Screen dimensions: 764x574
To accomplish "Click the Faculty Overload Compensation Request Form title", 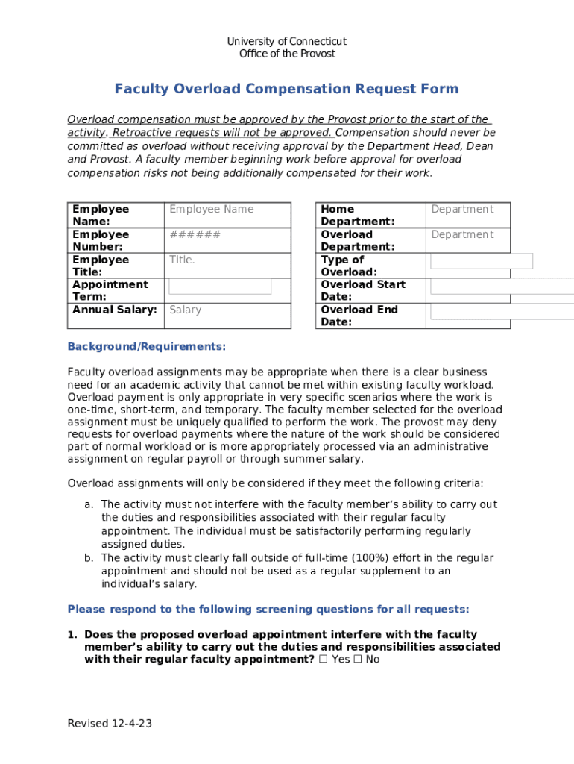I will [x=286, y=90].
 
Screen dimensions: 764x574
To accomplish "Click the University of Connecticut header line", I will [x=286, y=41].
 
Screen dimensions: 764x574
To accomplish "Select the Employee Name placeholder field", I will [x=212, y=210].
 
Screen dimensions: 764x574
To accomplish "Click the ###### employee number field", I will [x=195, y=235].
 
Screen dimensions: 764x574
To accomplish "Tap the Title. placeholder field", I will [x=182, y=260].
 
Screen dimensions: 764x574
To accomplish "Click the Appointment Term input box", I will [x=220, y=286].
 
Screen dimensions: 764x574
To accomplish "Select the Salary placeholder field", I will [x=185, y=310].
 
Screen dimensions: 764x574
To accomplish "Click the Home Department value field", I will [x=462, y=210].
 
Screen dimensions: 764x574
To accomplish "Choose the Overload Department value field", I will [x=462, y=235].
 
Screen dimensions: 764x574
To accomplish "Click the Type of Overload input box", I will [x=482, y=261].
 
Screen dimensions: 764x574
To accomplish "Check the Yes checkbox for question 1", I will [x=322, y=660].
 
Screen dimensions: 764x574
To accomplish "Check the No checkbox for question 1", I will [x=358, y=660].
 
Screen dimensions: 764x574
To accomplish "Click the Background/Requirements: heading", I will [x=146, y=347].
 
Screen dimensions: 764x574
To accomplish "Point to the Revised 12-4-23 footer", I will [x=110, y=724].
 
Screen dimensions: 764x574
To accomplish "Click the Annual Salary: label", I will [x=115, y=310].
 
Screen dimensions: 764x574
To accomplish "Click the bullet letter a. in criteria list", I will [x=89, y=505].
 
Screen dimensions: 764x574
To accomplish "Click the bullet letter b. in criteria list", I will [x=89, y=558].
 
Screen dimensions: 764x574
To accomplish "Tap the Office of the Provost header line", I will [x=286, y=54].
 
